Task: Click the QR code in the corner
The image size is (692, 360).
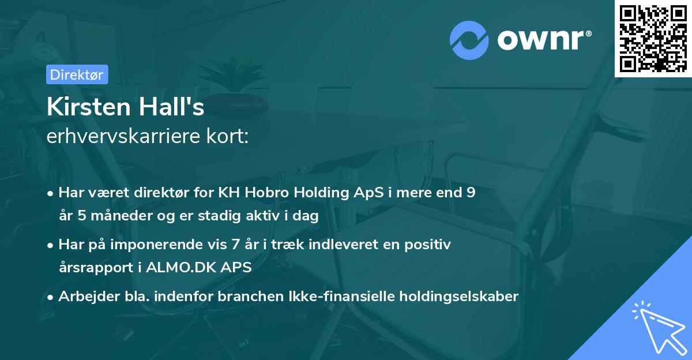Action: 653,39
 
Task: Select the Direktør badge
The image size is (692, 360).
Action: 77,74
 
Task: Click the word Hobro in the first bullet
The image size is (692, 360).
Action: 272,193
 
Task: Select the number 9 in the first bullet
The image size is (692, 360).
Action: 471,193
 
